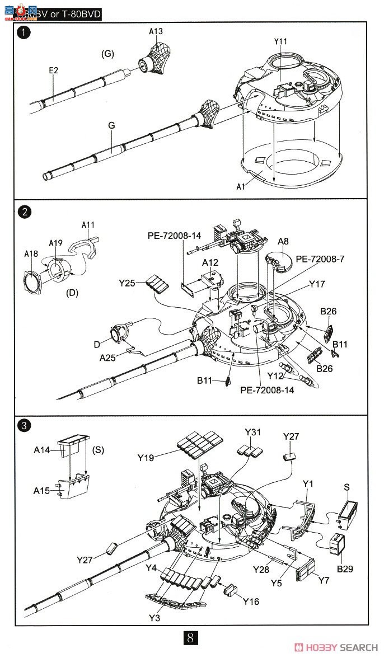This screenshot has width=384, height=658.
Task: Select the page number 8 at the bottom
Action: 191,638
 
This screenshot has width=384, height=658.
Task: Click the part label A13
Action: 156,32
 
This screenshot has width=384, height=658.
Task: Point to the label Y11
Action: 281,42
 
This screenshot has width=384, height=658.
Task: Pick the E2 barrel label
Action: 54,70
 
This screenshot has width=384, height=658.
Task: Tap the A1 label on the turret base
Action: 241,187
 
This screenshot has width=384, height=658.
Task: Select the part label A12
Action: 210,262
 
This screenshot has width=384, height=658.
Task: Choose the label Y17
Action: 316,284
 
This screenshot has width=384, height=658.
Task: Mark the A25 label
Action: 107,357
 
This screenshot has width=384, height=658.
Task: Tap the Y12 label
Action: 275,375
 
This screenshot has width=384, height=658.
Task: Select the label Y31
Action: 253,432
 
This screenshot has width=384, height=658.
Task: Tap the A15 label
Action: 41,490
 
